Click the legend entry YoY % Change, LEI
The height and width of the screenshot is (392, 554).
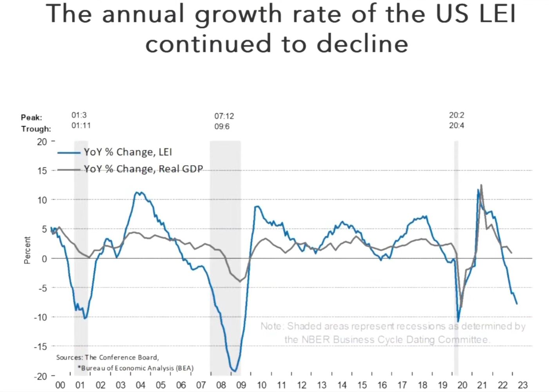click(x=127, y=152)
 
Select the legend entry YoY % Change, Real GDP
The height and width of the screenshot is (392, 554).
click(x=143, y=169)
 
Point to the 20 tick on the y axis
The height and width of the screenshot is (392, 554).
click(x=42, y=142)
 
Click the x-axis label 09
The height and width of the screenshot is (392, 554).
click(x=241, y=385)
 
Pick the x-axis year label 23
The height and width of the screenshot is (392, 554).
click(x=523, y=385)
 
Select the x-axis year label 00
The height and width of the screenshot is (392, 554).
click(x=60, y=385)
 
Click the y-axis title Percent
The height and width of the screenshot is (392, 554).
click(x=27, y=250)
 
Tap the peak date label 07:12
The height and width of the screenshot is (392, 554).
click(x=224, y=116)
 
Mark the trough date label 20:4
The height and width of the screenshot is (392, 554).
click(x=456, y=125)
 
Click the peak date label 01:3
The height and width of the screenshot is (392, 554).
click(x=79, y=115)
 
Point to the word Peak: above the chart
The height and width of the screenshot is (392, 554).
click(x=31, y=118)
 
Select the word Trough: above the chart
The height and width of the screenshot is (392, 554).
click(x=36, y=129)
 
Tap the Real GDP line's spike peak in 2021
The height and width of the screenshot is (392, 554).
click(x=481, y=185)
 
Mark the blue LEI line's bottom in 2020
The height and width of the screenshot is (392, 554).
click(x=458, y=321)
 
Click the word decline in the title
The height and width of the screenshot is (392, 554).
click(x=362, y=44)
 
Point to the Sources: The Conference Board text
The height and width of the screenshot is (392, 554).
click(x=107, y=358)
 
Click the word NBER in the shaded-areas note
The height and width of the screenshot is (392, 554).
click(x=316, y=339)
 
